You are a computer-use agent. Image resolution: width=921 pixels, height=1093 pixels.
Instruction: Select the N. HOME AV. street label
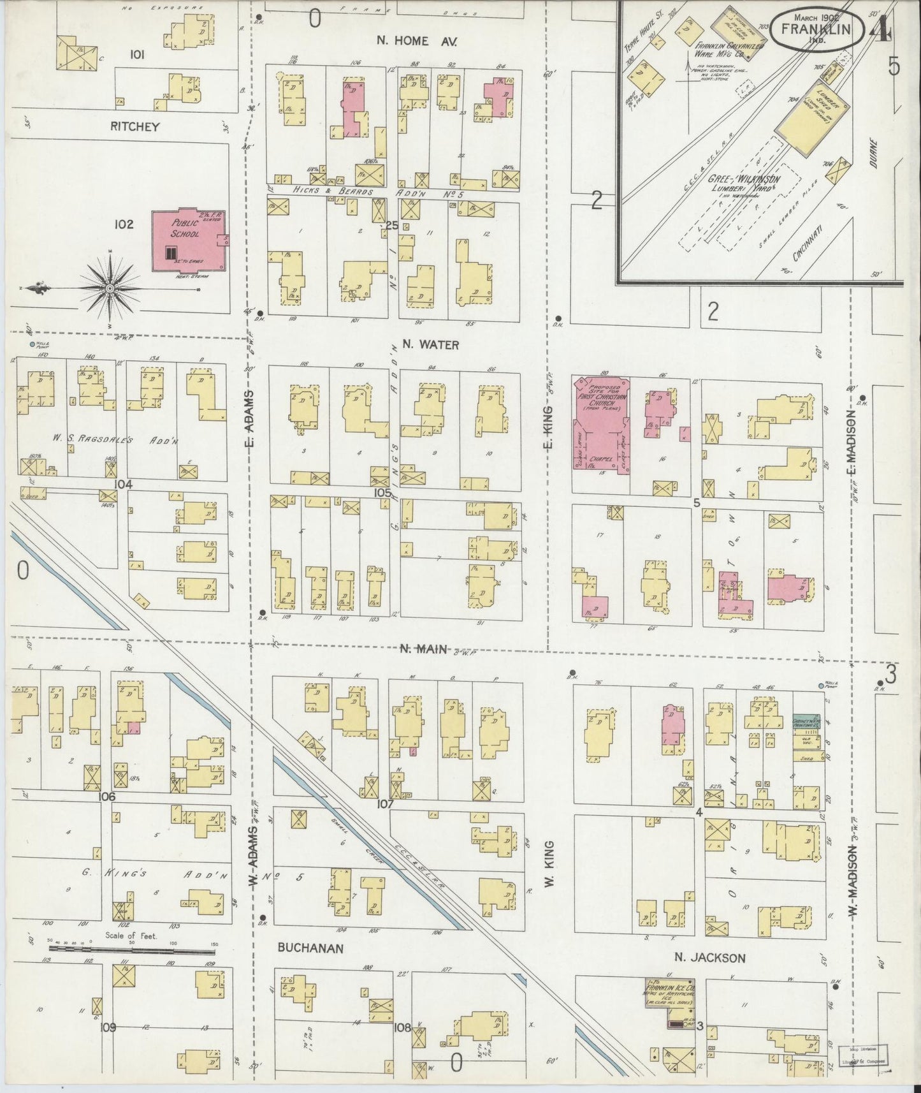pos(417,41)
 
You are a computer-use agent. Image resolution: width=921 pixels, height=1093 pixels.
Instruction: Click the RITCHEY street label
pos(134,126)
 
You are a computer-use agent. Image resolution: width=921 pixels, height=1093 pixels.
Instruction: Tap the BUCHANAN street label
pos(310,948)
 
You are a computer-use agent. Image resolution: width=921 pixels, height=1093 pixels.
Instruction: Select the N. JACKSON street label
pos(710,957)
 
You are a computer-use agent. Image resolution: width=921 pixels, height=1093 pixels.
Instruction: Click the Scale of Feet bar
pos(132,948)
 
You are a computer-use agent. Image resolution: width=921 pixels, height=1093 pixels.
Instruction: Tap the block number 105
pos(382,493)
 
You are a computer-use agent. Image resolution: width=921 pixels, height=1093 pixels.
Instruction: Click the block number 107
pos(384,803)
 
